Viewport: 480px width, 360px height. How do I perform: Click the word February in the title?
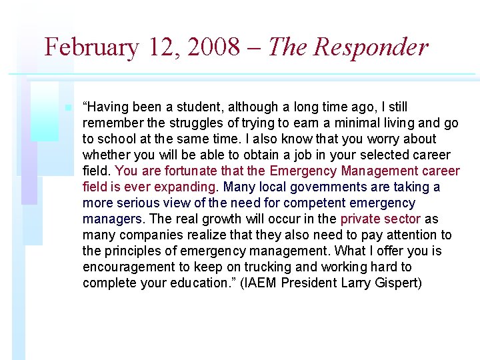[x=91, y=47]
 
